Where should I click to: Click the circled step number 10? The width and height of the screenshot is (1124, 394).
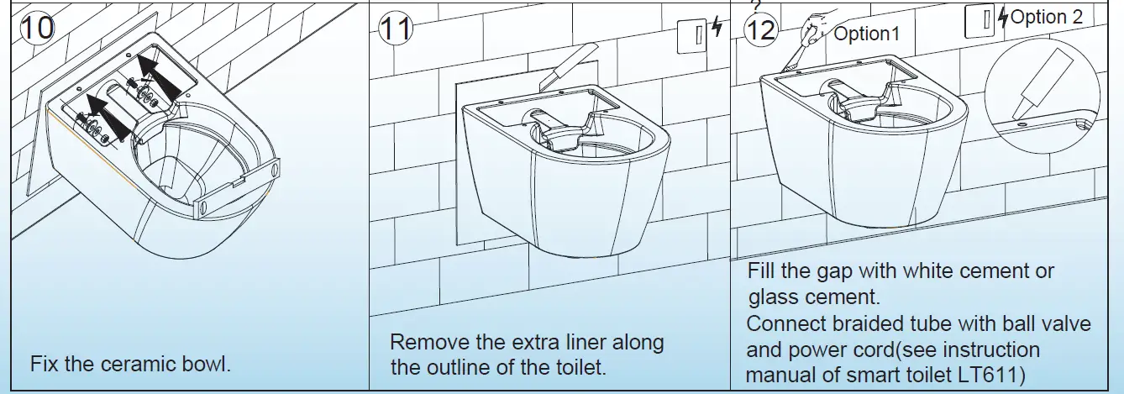click(x=35, y=29)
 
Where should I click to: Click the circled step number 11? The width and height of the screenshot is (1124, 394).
click(x=396, y=30)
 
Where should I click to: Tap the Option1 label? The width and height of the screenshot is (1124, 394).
click(x=866, y=34)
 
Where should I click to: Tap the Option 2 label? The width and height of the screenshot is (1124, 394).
click(x=1047, y=17)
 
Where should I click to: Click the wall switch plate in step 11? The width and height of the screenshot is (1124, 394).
click(x=691, y=30)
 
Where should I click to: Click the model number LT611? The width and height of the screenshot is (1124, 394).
click(x=1002, y=372)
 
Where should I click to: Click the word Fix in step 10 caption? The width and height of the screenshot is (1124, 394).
click(x=44, y=365)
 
